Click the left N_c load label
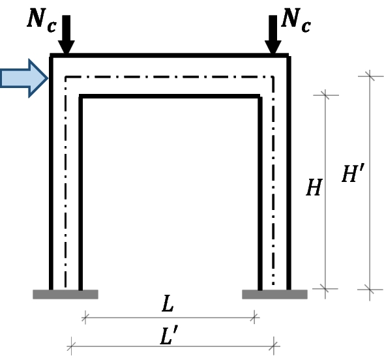41,20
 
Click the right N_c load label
295,20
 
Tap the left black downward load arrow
66,38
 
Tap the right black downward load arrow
273,38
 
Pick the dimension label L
170,305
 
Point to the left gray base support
65,294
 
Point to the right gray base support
274,294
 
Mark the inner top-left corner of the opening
80,97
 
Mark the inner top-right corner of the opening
260,97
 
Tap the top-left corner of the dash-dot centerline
66,77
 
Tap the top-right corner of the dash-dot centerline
274,77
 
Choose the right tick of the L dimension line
255,318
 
